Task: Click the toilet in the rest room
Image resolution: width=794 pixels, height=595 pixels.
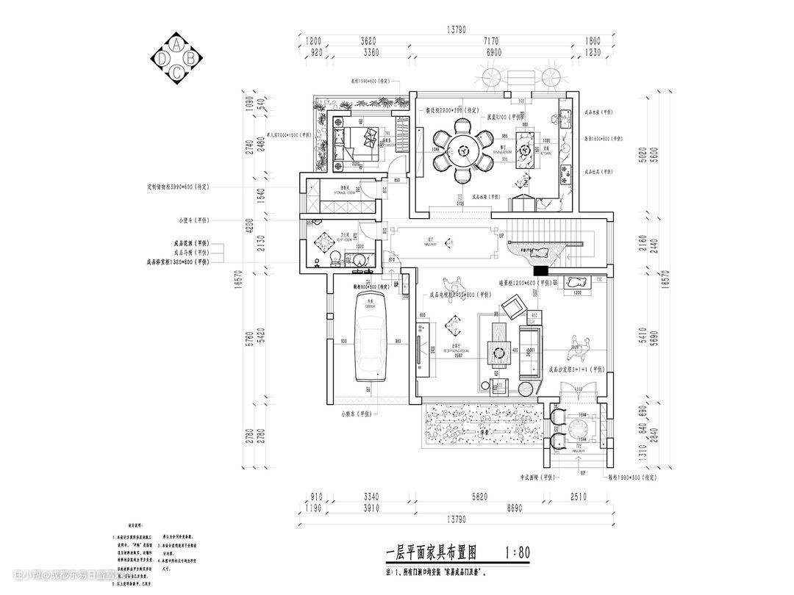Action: pos(335,258)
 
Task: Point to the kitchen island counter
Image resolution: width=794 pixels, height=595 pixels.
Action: pos(526,152)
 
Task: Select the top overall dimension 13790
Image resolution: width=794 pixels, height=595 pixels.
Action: pos(457,30)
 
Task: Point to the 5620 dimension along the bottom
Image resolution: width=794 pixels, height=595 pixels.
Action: pos(479,497)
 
